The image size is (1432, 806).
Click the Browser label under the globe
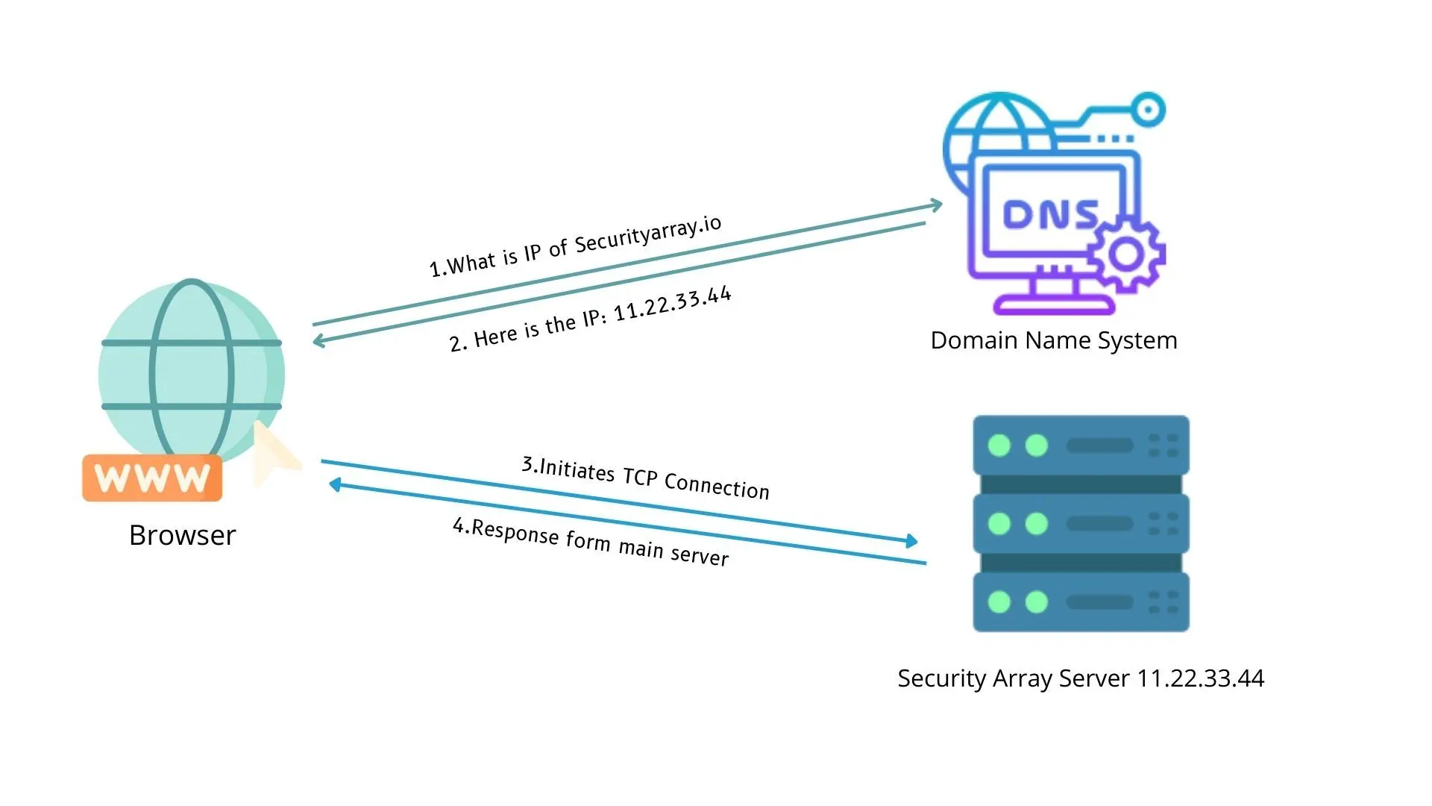click(182, 535)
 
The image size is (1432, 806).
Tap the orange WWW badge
click(152, 478)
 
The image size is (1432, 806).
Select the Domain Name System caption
click(1053, 340)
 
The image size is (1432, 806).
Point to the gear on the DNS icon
click(1127, 254)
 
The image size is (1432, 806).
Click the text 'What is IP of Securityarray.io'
click(575, 246)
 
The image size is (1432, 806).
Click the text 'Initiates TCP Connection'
click(645, 478)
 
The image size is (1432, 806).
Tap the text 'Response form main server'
click(591, 542)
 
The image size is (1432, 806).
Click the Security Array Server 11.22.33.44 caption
click(1080, 678)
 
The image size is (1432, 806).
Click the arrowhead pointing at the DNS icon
click(936, 204)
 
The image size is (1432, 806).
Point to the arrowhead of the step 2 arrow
click(318, 341)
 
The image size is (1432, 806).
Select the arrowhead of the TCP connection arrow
click(911, 541)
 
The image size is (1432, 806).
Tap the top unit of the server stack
click(1081, 446)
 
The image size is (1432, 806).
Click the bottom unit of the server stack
click(1081, 602)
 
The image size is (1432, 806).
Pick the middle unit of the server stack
click(1081, 523)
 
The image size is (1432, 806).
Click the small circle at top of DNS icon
click(1149, 110)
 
